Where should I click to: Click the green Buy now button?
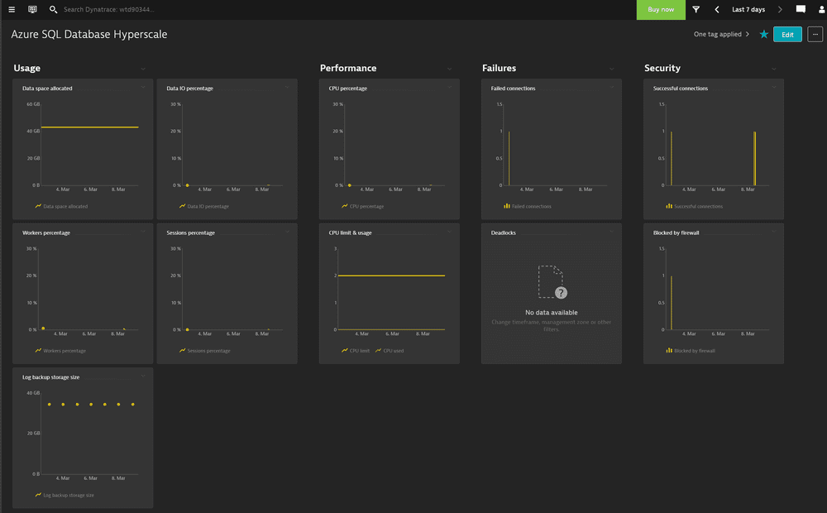coord(661,10)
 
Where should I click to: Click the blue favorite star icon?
coord(763,35)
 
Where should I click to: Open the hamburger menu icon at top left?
coord(12,10)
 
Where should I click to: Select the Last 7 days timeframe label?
coord(748,10)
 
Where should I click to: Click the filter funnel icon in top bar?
coord(696,10)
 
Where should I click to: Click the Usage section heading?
coord(27,68)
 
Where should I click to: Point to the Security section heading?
coord(662,68)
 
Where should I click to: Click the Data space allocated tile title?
coord(47,89)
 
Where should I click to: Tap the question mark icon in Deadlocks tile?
coord(562,293)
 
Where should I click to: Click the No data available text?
coord(552,313)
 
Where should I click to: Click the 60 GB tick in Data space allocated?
coord(33,104)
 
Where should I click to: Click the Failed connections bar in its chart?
coord(509,158)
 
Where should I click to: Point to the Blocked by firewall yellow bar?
coord(671,302)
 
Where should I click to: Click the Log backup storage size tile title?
coord(51,377)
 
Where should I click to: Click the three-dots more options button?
coord(815,35)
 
